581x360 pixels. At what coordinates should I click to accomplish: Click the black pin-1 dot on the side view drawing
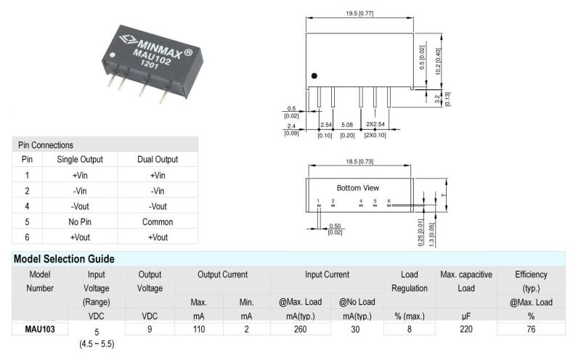point(314,75)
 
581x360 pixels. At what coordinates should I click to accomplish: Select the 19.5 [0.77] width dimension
point(359,12)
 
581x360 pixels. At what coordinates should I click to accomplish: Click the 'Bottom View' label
point(357,187)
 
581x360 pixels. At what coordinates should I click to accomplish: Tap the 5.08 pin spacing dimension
point(347,124)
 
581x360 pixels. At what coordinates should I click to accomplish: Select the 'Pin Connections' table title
point(45,145)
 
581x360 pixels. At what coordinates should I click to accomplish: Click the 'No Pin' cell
point(80,221)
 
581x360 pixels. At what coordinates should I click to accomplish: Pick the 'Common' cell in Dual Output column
point(158,221)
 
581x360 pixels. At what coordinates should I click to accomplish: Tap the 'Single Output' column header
point(80,159)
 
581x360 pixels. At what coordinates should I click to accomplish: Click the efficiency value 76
point(531,329)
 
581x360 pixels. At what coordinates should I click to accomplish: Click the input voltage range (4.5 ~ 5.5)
point(97,342)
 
